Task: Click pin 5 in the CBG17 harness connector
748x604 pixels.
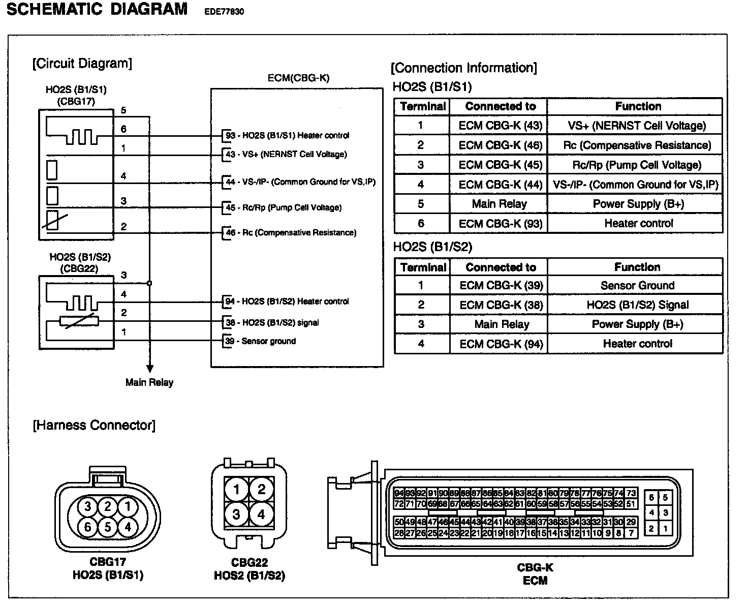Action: (x=108, y=527)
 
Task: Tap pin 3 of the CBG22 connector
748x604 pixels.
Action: (x=237, y=514)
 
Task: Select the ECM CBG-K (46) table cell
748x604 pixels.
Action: (x=500, y=145)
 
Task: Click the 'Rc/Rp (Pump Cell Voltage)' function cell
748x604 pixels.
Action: (x=637, y=165)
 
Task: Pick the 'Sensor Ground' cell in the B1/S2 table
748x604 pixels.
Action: (x=637, y=285)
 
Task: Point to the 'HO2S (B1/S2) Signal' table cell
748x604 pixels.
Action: (x=637, y=305)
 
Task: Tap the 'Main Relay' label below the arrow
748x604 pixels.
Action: (x=149, y=382)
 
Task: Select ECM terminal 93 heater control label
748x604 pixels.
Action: (x=288, y=136)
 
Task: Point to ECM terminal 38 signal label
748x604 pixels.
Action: (x=272, y=322)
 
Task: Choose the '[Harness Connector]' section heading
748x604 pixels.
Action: (x=94, y=425)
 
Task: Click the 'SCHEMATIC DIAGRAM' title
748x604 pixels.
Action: (x=97, y=9)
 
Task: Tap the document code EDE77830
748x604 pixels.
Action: (x=224, y=11)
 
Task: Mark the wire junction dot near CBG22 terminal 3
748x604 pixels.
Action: (x=149, y=283)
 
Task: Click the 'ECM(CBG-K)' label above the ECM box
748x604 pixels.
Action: (x=298, y=78)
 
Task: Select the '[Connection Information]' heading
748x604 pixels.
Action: (x=464, y=68)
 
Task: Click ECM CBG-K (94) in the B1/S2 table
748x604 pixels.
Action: (x=501, y=344)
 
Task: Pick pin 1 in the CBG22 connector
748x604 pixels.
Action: (x=237, y=490)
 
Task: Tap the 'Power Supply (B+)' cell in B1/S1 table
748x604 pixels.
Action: (x=638, y=204)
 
